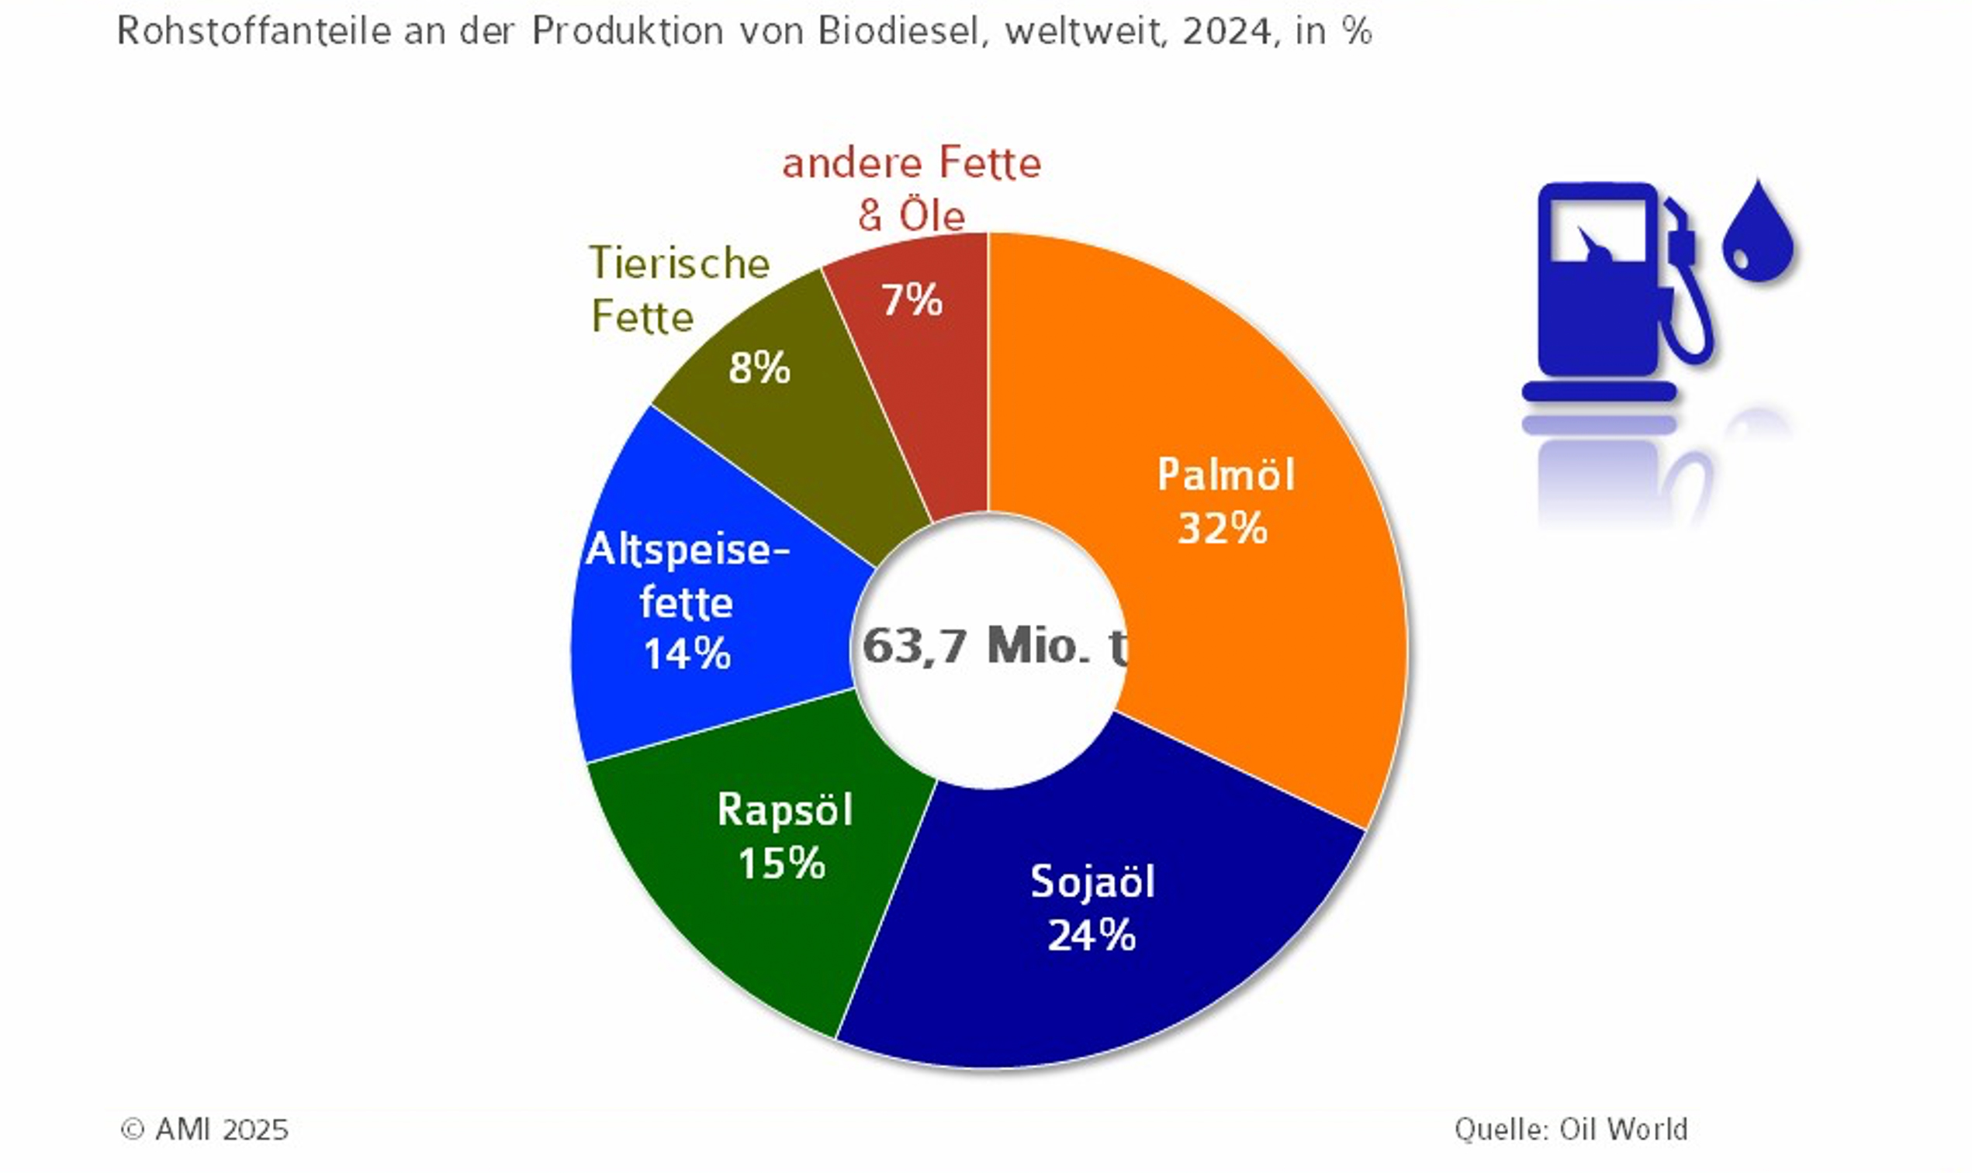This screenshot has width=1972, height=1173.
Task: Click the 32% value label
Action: (x=1223, y=528)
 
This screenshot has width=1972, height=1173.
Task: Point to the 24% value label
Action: (x=1092, y=935)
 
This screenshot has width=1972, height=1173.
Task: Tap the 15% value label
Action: (x=781, y=862)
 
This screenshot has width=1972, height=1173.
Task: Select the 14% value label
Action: (x=687, y=654)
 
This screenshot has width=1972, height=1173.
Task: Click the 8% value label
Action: (x=759, y=368)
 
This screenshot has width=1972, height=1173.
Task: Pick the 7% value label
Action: (x=912, y=300)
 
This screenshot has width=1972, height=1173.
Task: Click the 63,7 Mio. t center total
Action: (x=993, y=645)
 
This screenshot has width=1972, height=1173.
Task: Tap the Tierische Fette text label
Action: (x=679, y=289)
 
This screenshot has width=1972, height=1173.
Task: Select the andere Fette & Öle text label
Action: (x=912, y=190)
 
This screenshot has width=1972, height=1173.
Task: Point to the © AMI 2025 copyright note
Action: (x=204, y=1130)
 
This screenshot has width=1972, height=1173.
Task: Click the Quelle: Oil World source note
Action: (x=1570, y=1129)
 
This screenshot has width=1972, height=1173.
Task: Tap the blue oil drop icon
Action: (x=1758, y=233)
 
